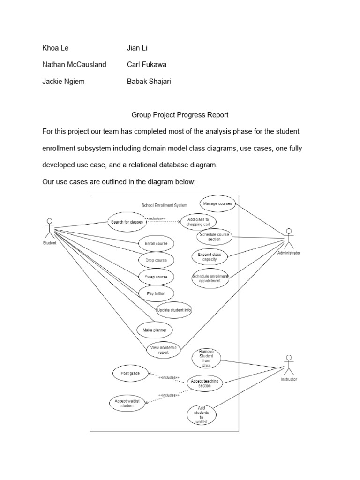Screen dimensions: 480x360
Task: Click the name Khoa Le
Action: (x=55, y=48)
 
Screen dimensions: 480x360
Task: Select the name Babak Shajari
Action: (x=149, y=81)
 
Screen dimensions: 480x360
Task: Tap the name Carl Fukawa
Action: (x=147, y=64)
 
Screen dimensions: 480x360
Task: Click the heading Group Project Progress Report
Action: (x=180, y=115)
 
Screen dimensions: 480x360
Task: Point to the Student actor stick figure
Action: (x=49, y=228)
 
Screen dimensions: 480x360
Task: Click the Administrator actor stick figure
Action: (x=289, y=239)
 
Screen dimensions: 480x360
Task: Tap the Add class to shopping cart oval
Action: (x=198, y=222)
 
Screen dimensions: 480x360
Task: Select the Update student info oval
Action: (x=174, y=310)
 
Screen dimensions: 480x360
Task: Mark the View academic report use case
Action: (x=162, y=349)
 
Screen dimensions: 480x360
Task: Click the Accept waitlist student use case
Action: (x=127, y=403)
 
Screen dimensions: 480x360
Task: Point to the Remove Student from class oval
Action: (x=206, y=359)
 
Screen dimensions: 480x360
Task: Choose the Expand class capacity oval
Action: (x=209, y=256)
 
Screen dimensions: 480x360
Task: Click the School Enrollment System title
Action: (x=164, y=205)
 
